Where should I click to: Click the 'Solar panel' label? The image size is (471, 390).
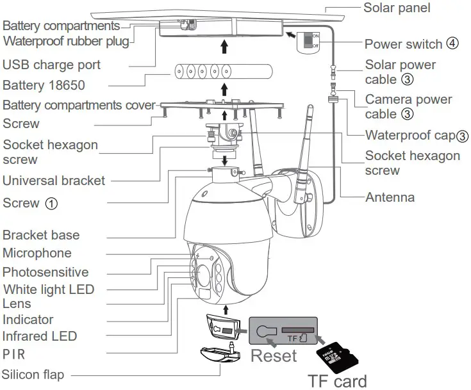pyautogui.click(x=396, y=8)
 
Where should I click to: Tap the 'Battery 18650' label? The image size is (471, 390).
pyautogui.click(x=44, y=85)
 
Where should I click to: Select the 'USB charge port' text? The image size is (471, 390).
pyautogui.click(x=51, y=65)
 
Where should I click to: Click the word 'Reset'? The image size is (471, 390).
pyautogui.click(x=274, y=355)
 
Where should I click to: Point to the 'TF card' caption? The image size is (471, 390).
pyautogui.click(x=338, y=380)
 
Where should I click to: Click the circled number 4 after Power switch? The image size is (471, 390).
pyautogui.click(x=453, y=44)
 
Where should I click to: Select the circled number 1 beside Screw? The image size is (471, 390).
pyautogui.click(x=51, y=204)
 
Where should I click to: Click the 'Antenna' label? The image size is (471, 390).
pyautogui.click(x=390, y=197)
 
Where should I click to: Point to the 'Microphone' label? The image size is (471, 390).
pyautogui.click(x=37, y=253)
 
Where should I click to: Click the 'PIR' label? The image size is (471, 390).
pyautogui.click(x=13, y=353)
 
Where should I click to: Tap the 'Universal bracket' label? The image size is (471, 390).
pyautogui.click(x=54, y=181)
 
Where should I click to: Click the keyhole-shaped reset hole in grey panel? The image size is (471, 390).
pyautogui.click(x=263, y=331)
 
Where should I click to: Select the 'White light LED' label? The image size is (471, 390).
pyautogui.click(x=49, y=289)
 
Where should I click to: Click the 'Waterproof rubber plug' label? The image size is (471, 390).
pyautogui.click(x=67, y=42)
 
